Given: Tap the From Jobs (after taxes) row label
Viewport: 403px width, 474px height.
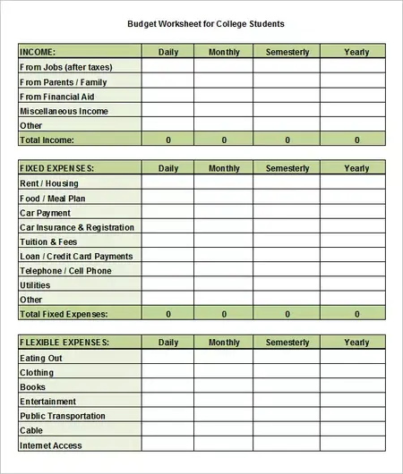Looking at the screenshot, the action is (65, 67).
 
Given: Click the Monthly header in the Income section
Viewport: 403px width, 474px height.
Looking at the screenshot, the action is (224, 53).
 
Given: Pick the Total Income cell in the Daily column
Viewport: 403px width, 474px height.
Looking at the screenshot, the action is (168, 140).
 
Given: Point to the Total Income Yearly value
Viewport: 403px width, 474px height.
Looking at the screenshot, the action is (356, 140).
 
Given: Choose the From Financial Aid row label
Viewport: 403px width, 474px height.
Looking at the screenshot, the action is (57, 97).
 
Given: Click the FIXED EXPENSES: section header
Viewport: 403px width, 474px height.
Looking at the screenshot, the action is (56, 169).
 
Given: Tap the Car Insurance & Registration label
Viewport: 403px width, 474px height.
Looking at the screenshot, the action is (77, 227).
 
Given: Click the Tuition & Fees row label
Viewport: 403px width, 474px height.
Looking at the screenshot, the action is (48, 241).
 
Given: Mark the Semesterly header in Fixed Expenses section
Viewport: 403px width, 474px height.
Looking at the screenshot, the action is (287, 169).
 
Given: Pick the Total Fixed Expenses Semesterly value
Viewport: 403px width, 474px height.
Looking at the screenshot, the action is (287, 314).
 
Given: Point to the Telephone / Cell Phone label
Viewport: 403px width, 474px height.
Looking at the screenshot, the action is (65, 271).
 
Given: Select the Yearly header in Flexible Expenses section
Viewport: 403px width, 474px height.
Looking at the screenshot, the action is (356, 343).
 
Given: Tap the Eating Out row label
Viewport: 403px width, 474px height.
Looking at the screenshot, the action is (41, 358).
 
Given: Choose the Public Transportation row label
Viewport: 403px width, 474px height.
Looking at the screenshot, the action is (62, 416).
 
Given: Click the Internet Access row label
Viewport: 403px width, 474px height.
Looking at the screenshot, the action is (50, 445).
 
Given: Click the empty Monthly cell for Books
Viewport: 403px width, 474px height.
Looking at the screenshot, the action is (224, 387).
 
